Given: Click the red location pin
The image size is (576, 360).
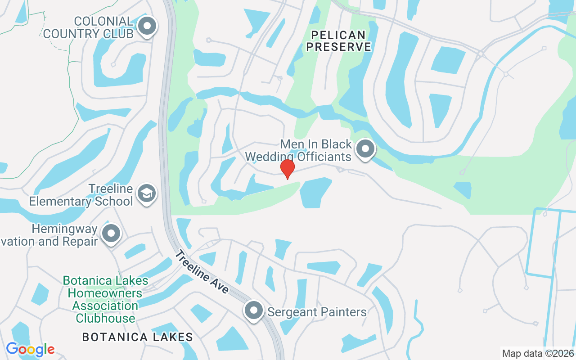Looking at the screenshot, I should point(287,169).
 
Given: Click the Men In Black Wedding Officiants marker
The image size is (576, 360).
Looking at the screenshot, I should point(365,148).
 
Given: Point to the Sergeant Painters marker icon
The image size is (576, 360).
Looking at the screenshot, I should point(254,310).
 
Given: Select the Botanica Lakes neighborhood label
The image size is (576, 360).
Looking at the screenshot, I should point(138,337).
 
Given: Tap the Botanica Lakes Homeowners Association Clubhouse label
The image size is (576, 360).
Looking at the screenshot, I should point(105,299).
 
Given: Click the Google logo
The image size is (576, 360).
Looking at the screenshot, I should point(30,349).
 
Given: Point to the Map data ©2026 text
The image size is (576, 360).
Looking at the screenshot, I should point(538,353).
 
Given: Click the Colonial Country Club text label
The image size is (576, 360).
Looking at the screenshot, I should point(88,27).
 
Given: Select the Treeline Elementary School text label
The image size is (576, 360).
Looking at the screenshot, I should point(81,195).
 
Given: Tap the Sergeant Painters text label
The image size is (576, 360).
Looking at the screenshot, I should point(317,311).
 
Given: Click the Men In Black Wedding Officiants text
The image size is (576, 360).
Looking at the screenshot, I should point(298,150).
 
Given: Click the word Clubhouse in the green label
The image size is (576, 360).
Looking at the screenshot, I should point(105,318).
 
